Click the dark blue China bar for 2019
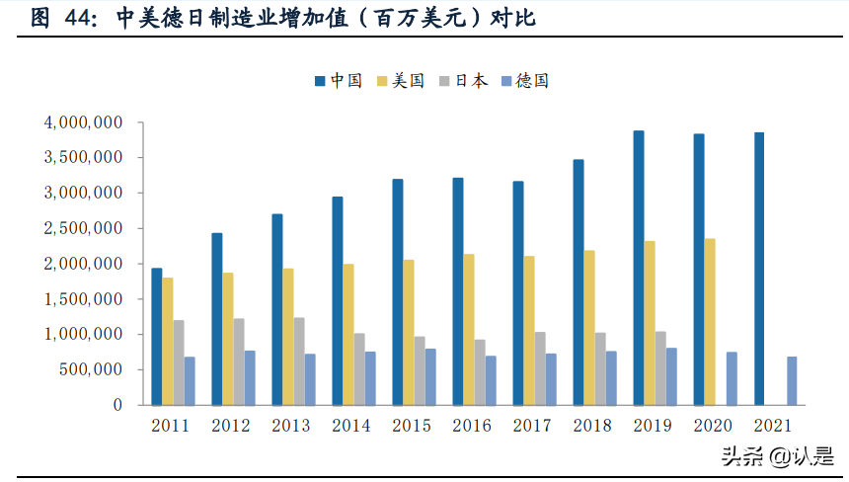coord(639,268)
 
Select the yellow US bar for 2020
coord(710,321)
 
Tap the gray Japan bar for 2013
coord(299,361)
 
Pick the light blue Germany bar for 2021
coord(792,380)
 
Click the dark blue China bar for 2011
coord(157,336)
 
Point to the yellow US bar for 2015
coord(409,332)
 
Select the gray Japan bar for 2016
coord(480,371)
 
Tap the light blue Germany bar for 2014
coord(370,377)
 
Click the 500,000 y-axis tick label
coord(90,369)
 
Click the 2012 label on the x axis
coord(231,426)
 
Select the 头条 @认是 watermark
coord(777,456)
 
